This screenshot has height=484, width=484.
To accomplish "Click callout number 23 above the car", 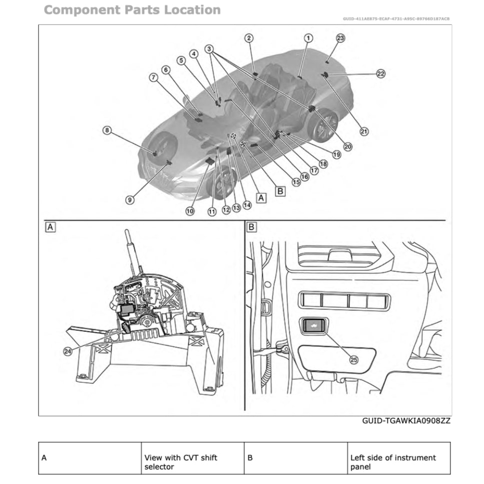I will click(x=340, y=38).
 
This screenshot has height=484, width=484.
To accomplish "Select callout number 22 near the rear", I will click(x=381, y=74).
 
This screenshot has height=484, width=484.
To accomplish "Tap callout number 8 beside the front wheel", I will click(x=107, y=131).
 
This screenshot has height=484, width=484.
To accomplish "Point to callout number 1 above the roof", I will click(x=308, y=38).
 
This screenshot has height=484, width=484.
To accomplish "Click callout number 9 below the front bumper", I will click(x=130, y=200).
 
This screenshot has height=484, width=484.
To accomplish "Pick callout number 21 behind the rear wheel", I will click(x=364, y=132).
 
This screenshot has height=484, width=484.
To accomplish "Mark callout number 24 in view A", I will click(x=68, y=351).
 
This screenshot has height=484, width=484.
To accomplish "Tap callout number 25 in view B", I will click(x=354, y=359).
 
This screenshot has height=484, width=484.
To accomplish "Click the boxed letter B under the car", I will click(x=280, y=191).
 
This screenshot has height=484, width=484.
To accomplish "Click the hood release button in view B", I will click(x=313, y=326).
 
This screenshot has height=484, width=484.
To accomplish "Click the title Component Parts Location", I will click(x=132, y=10).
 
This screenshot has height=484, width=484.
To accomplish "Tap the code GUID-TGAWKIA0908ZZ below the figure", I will click(x=406, y=421).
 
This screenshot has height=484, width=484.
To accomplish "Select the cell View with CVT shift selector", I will click(x=181, y=461).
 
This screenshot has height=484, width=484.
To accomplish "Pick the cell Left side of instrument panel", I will click(x=392, y=461).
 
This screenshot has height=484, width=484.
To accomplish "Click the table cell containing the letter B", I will click(x=295, y=458).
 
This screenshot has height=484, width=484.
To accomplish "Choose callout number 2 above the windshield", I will click(x=249, y=38).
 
